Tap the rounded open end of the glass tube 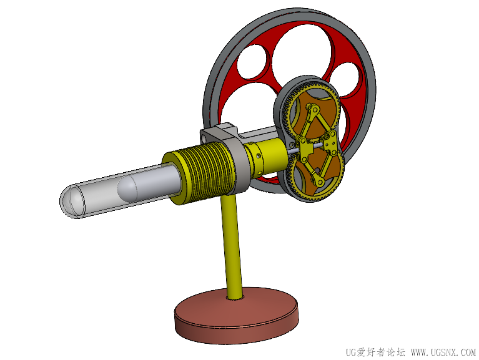click(x=72, y=201)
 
